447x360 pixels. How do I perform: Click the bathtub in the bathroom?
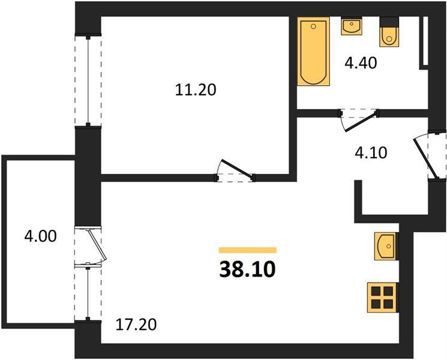click(314, 52)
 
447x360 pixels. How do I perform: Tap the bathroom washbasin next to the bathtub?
click(352, 26)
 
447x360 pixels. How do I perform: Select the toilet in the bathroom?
click(389, 32)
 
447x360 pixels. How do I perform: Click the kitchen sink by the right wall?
click(385, 246)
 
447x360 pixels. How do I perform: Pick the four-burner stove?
click(382, 298)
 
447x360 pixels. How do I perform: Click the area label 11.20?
click(196, 90)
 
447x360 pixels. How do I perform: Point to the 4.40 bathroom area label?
click(361, 63)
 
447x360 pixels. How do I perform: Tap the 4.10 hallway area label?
click(371, 153)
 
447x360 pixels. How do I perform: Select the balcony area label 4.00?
click(40, 236)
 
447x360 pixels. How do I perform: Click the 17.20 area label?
click(136, 325)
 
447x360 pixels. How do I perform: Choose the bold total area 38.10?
click(247, 269)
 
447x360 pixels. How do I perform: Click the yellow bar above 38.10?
click(247, 250)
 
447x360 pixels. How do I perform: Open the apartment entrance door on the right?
click(424, 158)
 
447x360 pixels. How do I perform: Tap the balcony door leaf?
click(97, 244)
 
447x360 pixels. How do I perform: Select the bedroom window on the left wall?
click(88, 80)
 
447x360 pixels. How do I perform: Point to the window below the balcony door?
click(88, 293)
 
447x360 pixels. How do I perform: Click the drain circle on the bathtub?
click(314, 26)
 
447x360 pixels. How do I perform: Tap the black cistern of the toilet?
click(389, 22)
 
